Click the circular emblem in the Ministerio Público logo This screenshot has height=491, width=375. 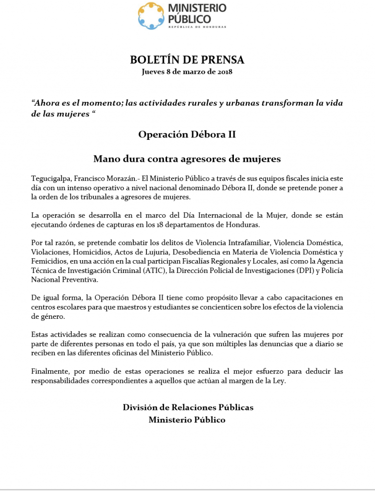(151, 16)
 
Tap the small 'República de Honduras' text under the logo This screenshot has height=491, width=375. (197, 27)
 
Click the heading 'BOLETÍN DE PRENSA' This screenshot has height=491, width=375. (187, 60)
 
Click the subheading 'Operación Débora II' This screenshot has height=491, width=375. (187, 134)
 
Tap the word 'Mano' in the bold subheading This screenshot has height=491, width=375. (105, 159)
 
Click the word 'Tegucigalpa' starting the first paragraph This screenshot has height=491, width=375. (50, 179)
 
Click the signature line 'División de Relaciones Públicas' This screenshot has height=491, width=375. (188, 407)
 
